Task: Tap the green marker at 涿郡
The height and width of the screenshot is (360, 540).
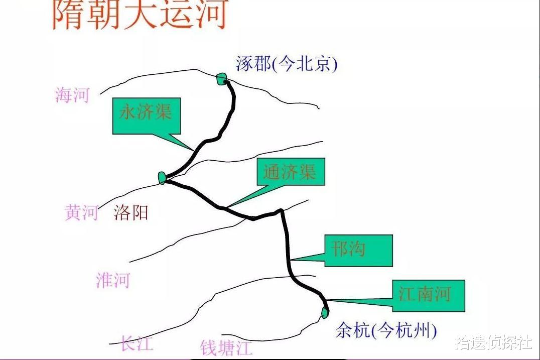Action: [222, 78]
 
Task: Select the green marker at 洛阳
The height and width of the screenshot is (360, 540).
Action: [162, 177]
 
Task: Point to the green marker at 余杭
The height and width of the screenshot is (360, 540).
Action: [325, 312]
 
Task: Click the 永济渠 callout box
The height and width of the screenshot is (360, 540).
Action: [146, 115]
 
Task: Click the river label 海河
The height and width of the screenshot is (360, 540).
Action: [72, 94]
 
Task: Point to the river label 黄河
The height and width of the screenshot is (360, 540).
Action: [81, 212]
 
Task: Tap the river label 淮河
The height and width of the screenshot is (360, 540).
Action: [113, 280]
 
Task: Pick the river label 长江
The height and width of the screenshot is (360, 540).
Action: [137, 343]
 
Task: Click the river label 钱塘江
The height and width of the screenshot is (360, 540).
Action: [226, 347]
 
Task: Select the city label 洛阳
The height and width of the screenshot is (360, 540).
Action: [131, 212]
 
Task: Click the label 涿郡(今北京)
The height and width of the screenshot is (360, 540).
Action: [287, 64]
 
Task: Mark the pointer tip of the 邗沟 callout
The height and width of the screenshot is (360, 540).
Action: [291, 260]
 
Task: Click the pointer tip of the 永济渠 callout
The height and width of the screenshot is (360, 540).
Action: [193, 150]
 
